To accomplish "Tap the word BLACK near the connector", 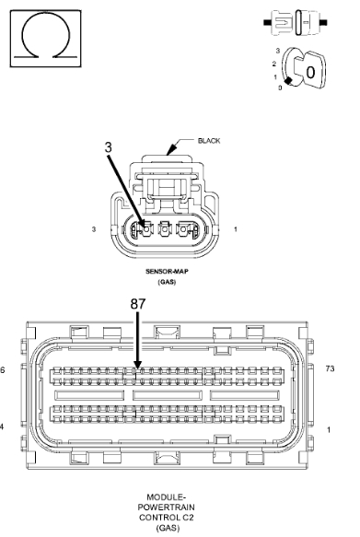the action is pyautogui.click(x=209, y=141).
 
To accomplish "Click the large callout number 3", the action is pyautogui.click(x=108, y=147).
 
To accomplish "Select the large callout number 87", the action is pyautogui.click(x=138, y=304).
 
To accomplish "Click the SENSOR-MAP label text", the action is pyautogui.click(x=167, y=271).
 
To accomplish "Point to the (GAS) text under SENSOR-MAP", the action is pyautogui.click(x=167, y=282).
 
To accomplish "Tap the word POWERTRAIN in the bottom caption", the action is pyautogui.click(x=167, y=508).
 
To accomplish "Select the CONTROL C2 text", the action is pyautogui.click(x=167, y=517).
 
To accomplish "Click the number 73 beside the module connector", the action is pyautogui.click(x=330, y=368).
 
